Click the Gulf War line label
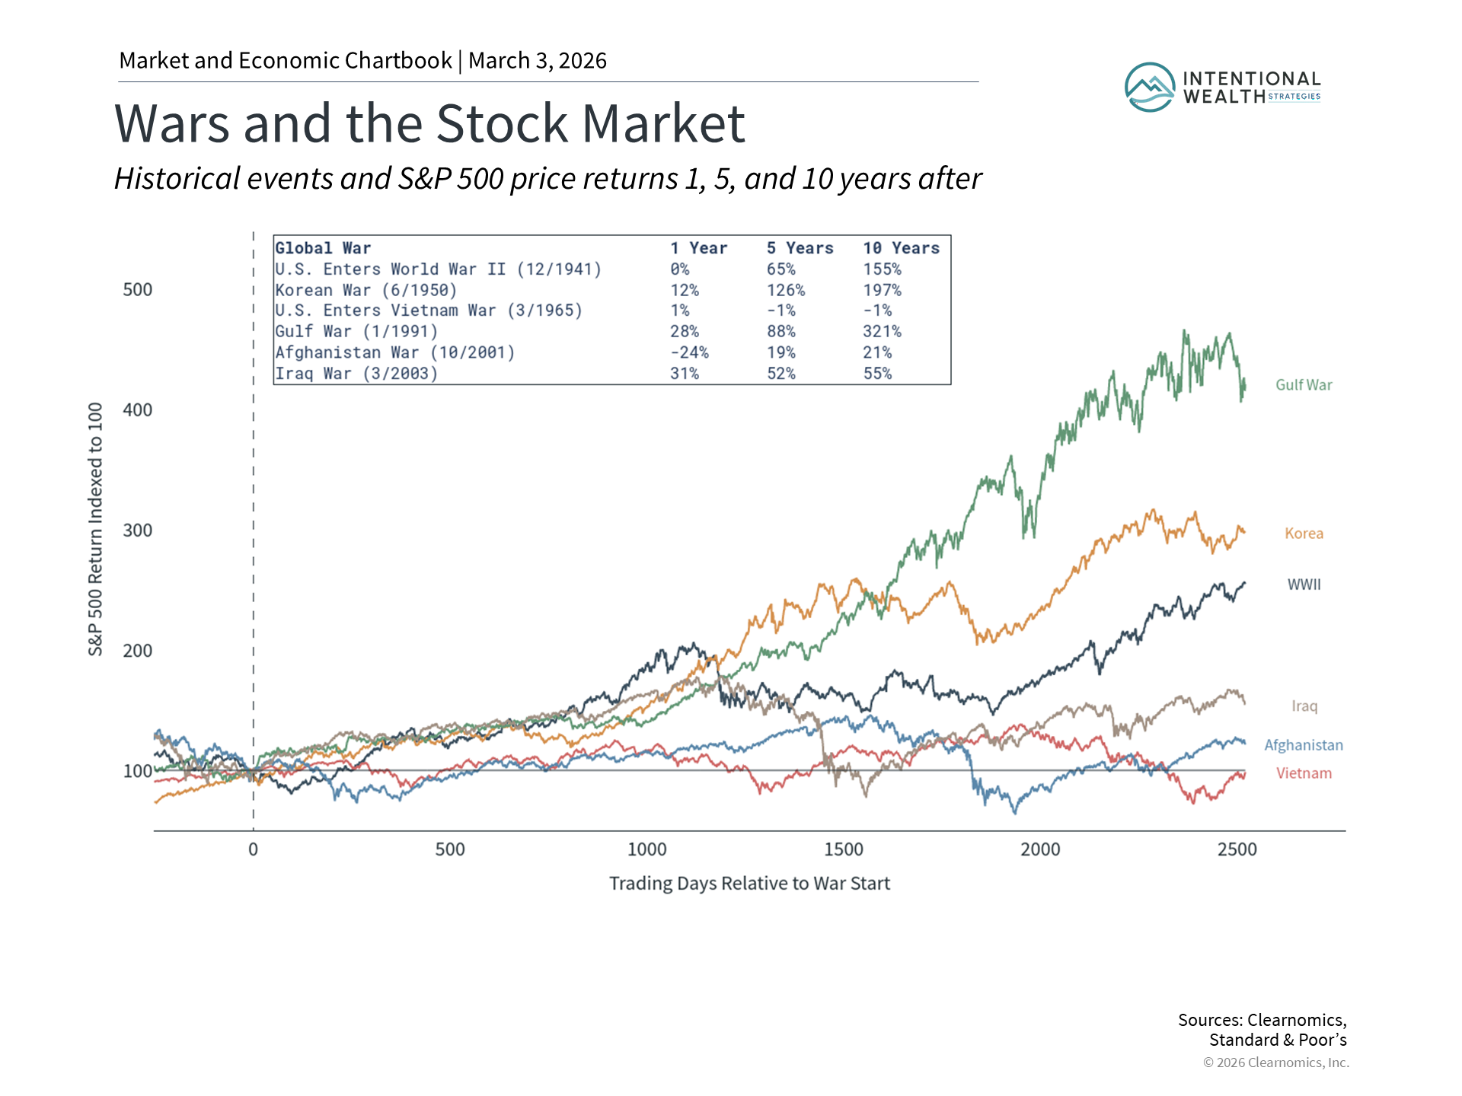(1304, 385)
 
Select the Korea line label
(1304, 534)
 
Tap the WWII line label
(1304, 585)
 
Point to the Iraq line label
(1304, 706)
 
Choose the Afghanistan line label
(1303, 745)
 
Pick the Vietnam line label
(1304, 773)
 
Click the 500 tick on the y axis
(138, 290)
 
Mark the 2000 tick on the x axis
(1040, 849)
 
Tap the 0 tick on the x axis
(253, 849)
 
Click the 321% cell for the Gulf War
(882, 332)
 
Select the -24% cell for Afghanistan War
(689, 352)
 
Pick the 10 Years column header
(901, 248)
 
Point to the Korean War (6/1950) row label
(365, 290)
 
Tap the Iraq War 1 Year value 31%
(684, 374)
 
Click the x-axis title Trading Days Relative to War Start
(749, 884)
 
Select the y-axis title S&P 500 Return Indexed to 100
(95, 529)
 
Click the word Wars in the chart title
(171, 123)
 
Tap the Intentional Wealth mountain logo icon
(1149, 88)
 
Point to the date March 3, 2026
(537, 61)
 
